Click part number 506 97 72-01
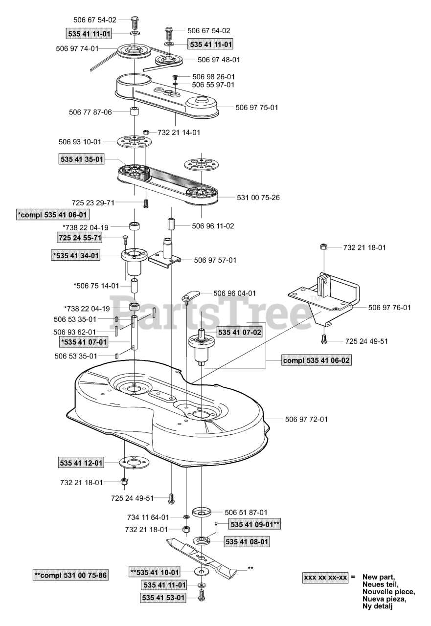click(x=306, y=419)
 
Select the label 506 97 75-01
click(x=257, y=107)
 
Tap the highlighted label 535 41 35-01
click(x=81, y=159)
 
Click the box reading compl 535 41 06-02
click(x=317, y=361)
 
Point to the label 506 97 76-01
click(x=389, y=308)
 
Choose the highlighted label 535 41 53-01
click(x=163, y=598)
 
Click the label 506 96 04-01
click(x=235, y=293)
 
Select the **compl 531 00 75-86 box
click(x=70, y=575)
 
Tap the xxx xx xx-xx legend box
click(x=326, y=578)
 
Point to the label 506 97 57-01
click(x=215, y=260)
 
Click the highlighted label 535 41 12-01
click(x=81, y=463)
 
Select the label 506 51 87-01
click(x=246, y=512)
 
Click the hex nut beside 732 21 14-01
click(x=145, y=133)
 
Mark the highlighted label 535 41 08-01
click(x=247, y=542)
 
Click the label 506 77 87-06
click(x=91, y=112)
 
